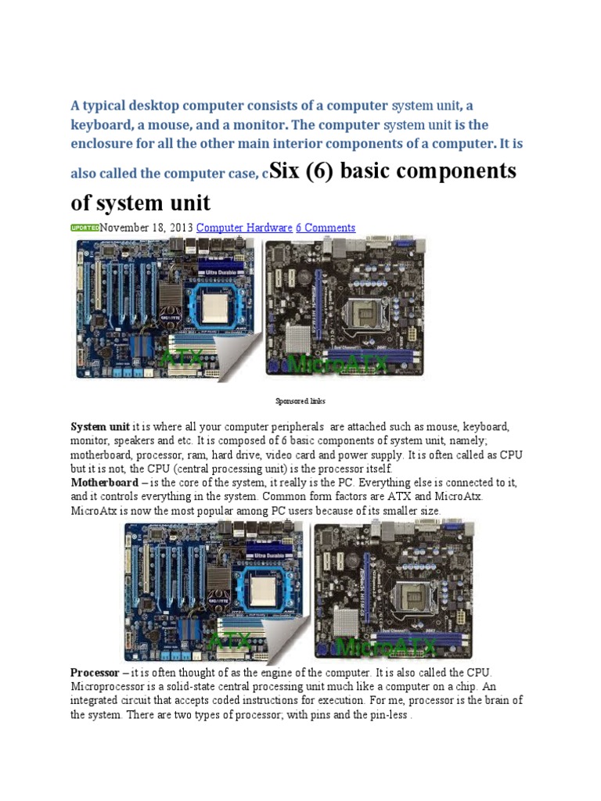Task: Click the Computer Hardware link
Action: (x=244, y=228)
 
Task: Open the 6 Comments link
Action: (x=326, y=228)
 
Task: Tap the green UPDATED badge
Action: (x=85, y=228)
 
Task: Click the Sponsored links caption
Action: (x=300, y=401)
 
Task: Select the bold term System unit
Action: (x=100, y=427)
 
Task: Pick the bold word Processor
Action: (x=95, y=673)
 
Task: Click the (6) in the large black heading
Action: (x=323, y=171)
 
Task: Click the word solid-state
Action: (x=187, y=687)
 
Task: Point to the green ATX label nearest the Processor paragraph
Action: (x=231, y=643)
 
